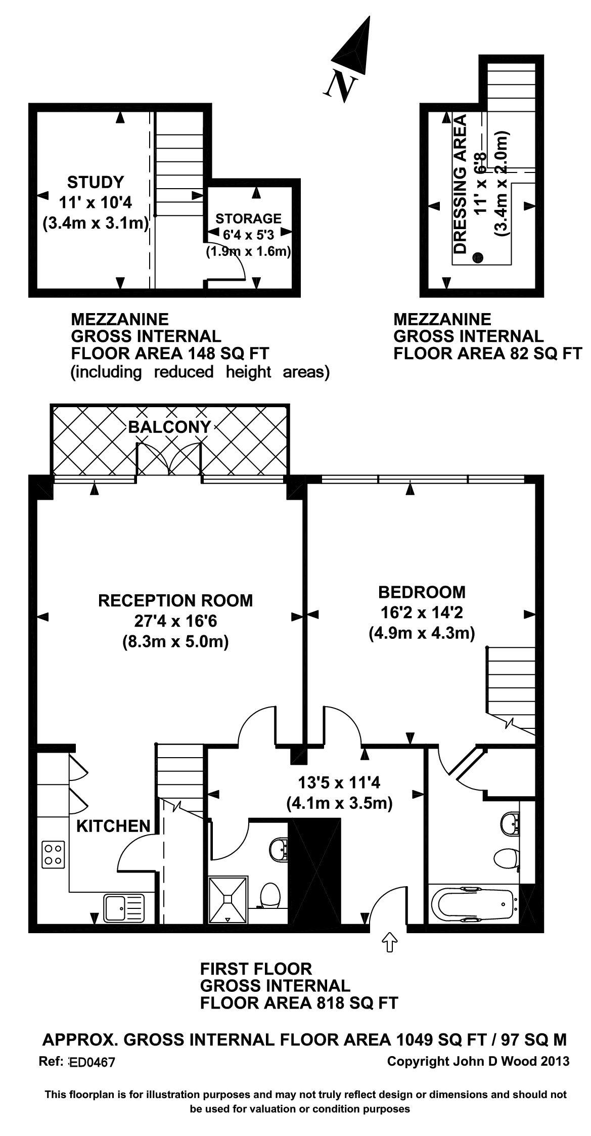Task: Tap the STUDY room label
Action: click(x=96, y=182)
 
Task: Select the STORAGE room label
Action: click(x=248, y=219)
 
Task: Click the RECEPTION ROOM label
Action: click(x=175, y=601)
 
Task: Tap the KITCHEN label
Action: click(x=114, y=826)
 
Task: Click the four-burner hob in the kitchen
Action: click(x=53, y=854)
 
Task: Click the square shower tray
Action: click(x=229, y=899)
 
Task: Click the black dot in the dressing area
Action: click(x=477, y=258)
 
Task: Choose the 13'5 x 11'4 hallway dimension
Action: click(x=339, y=783)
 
